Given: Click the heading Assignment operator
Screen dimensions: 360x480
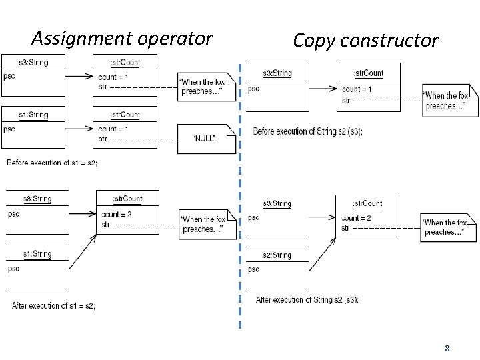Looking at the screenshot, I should tap(121, 39).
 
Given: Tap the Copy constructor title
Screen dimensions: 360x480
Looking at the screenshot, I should tap(365, 41).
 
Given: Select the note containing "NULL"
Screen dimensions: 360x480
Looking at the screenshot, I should tap(206, 139).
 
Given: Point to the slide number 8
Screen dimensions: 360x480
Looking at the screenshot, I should tap(447, 348).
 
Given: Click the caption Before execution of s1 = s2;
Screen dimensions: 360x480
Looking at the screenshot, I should tap(52, 163).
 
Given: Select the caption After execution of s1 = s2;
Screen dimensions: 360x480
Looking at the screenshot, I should tap(53, 306).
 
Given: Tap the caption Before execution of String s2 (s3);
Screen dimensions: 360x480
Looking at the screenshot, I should tap(307, 131).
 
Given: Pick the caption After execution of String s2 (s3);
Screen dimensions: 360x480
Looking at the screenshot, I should tap(307, 300).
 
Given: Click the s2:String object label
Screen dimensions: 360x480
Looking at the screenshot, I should tap(276, 255).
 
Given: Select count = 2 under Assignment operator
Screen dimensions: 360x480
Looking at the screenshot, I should tap(117, 215).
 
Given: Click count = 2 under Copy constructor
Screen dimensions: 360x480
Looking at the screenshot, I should tap(356, 218).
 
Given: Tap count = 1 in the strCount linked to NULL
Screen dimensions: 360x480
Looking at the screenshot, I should tap(113, 129).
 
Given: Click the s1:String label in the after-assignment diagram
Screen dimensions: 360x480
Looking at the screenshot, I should tap(37, 254).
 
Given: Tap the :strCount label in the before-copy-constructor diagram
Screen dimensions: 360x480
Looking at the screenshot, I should tap(368, 73).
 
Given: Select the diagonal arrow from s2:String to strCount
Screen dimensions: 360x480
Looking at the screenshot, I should tap(322, 253).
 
